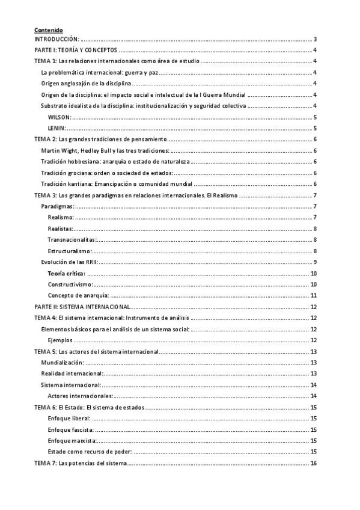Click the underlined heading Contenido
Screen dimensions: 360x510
coord(48,30)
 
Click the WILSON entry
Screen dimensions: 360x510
coord(59,117)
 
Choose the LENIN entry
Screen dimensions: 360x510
coord(56,128)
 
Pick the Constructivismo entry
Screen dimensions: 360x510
coord(70,284)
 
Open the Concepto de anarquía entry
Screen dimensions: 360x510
coord(78,295)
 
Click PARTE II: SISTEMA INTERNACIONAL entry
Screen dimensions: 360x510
coord(82,307)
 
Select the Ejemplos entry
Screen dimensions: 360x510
coord(61,340)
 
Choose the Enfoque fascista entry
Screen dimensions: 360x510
coord(70,429)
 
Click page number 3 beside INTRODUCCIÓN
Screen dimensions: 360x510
coord(316,39)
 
